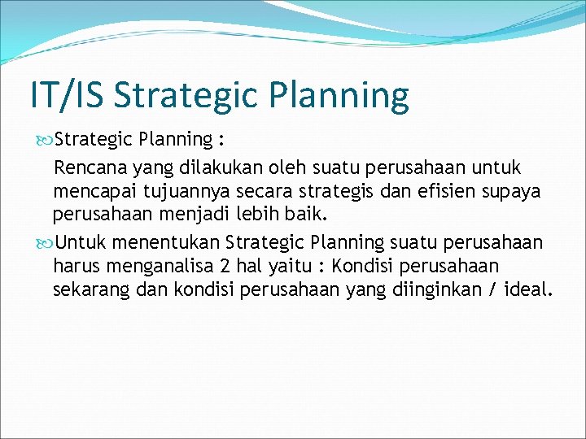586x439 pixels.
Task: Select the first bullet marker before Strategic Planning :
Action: tap(43, 139)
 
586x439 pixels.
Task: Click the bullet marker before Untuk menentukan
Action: tap(43, 242)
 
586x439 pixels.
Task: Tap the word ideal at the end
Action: tap(526, 289)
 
